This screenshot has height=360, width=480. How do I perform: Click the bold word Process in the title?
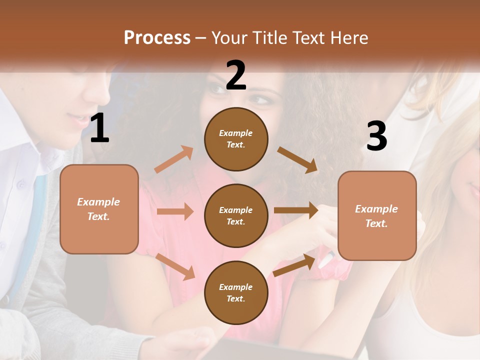point(157,37)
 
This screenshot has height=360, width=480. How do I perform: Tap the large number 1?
point(99,128)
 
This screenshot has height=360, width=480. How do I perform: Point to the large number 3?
point(376,136)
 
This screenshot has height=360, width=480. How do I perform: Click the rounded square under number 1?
point(99,209)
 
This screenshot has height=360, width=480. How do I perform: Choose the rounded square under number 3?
point(377,216)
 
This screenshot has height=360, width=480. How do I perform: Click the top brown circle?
point(236,139)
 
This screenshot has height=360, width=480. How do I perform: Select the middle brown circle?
point(236,215)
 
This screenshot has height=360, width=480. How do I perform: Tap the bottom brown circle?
point(236,292)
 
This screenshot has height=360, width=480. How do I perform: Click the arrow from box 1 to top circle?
point(174,159)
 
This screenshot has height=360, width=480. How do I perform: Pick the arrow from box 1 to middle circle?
point(175,211)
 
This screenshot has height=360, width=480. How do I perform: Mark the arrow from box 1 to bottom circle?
point(175,266)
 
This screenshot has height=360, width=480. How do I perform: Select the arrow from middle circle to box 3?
point(296,210)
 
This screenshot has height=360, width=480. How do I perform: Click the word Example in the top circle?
point(236,133)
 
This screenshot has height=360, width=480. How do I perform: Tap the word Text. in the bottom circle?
point(236,298)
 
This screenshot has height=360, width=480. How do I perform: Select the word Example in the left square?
point(98,202)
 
